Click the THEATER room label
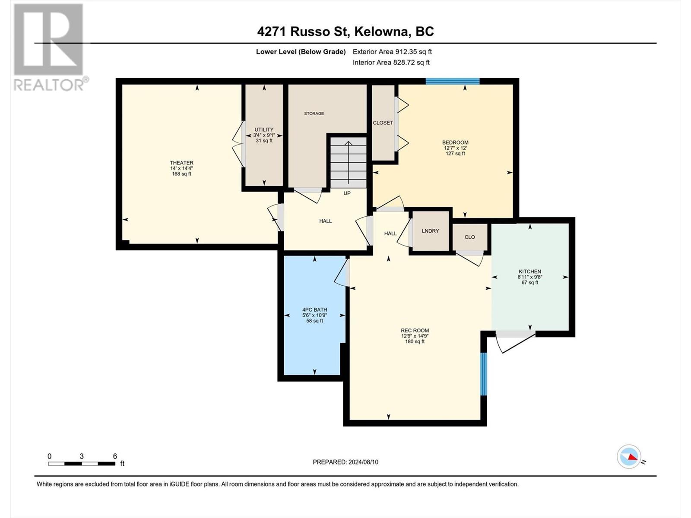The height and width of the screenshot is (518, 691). (x=181, y=163)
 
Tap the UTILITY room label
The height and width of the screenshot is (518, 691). (x=264, y=129)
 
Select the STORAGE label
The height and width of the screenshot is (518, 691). (x=314, y=113)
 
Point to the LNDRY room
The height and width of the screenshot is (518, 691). (x=430, y=231)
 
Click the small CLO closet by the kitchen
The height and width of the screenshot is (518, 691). (x=470, y=237)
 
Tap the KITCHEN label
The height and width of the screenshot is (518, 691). (x=530, y=272)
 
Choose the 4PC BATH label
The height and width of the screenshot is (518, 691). (x=314, y=310)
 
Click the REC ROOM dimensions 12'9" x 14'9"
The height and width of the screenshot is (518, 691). (x=415, y=336)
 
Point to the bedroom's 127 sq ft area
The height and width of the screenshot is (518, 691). (x=455, y=154)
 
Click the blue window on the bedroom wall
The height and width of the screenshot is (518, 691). (x=453, y=81)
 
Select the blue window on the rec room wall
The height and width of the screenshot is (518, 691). (x=484, y=374)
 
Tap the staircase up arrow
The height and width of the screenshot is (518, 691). (x=348, y=163)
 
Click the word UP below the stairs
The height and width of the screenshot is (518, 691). (x=347, y=193)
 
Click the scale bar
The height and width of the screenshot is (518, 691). (x=82, y=464)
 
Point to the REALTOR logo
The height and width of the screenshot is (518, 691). (x=49, y=47)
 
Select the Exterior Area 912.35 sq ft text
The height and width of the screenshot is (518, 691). (x=392, y=51)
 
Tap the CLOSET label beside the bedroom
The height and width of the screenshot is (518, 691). (x=383, y=123)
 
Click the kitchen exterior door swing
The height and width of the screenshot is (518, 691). (x=515, y=342)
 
